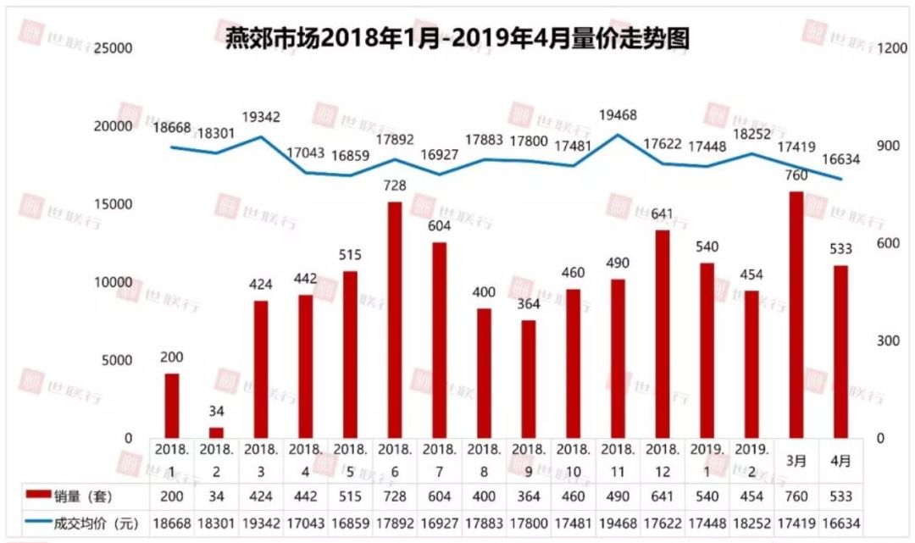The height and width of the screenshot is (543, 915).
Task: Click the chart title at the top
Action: coord(457,37)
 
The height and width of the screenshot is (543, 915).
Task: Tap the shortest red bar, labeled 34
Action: coord(217,432)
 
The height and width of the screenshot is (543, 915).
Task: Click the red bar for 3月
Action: coord(796,314)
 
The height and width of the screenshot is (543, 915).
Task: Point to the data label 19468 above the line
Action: coord(618,114)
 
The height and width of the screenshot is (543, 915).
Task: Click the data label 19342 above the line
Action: coord(261,117)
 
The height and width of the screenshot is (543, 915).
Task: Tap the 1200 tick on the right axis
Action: coord(892,48)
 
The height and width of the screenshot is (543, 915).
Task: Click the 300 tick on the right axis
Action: coord(886,341)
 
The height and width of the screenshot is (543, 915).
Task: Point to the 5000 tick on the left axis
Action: coord(118,360)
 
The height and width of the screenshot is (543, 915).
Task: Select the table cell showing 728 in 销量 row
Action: coord(394,495)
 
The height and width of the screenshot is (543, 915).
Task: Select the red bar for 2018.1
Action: coord(172,405)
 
